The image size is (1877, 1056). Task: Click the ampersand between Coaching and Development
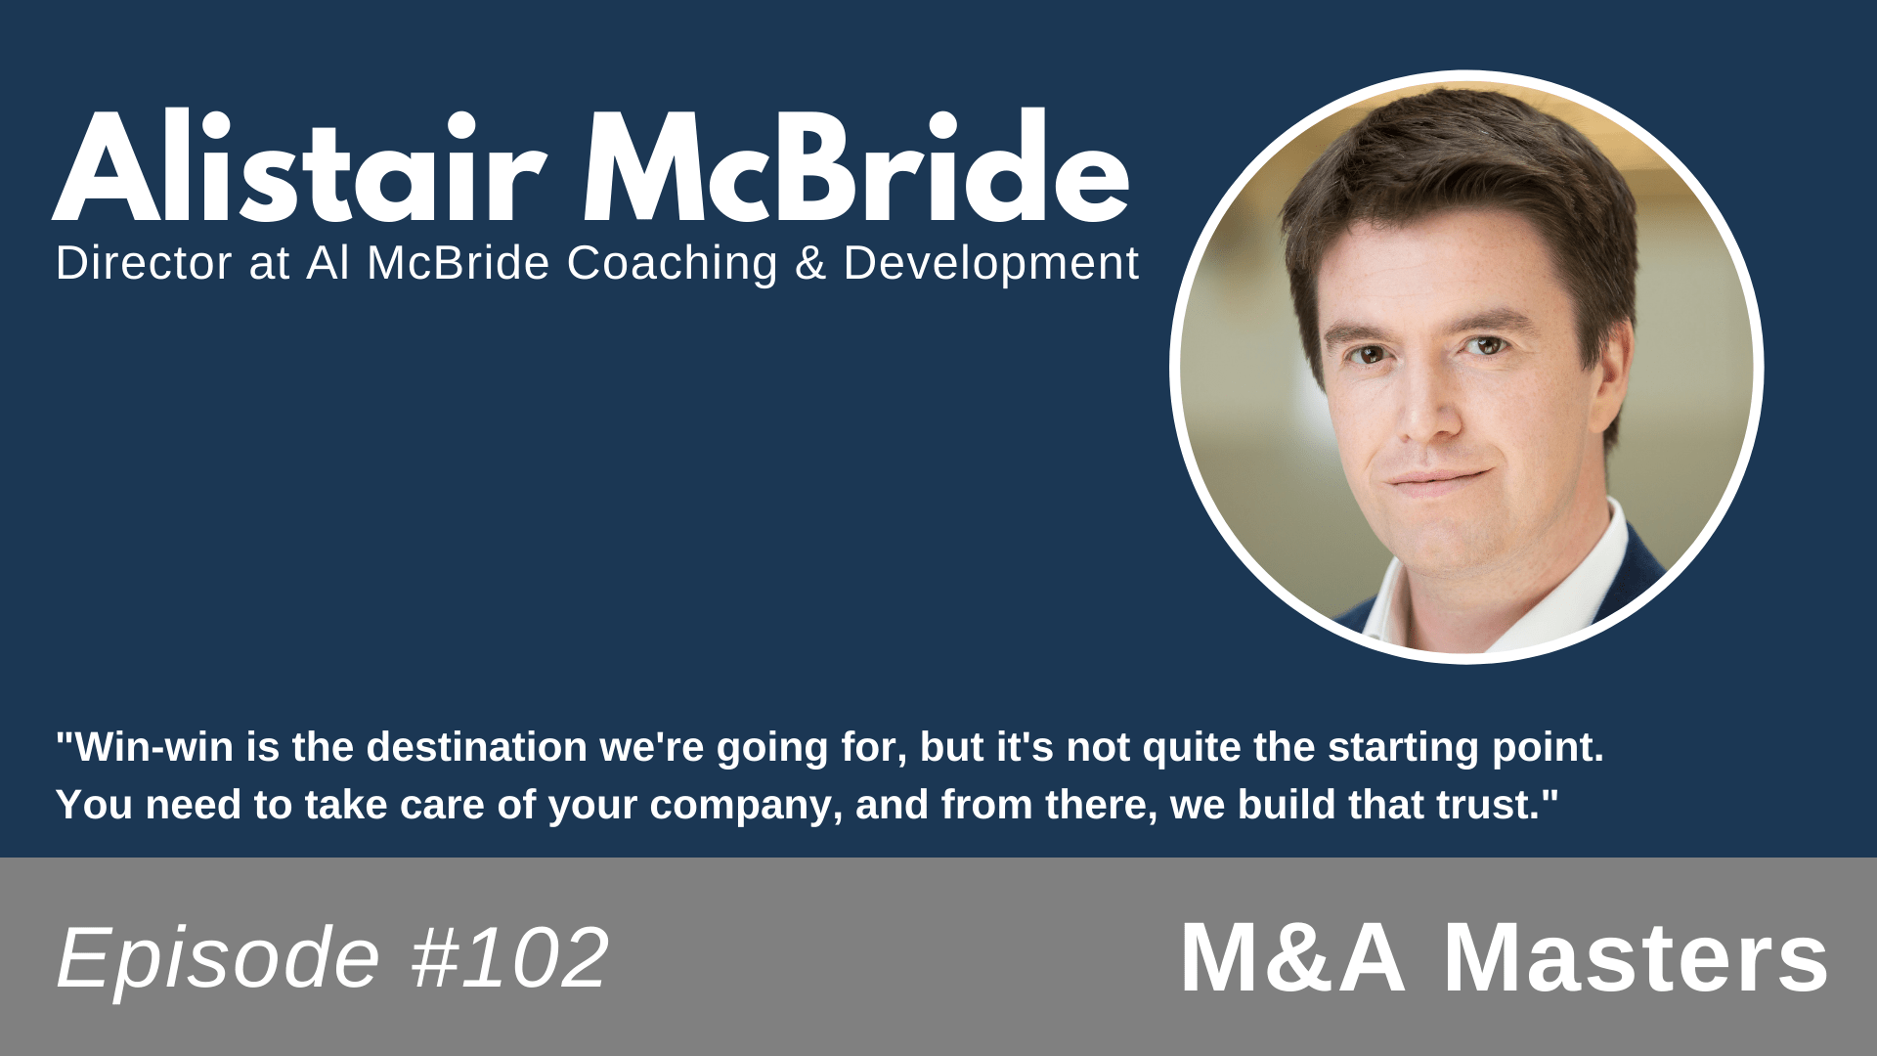click(809, 263)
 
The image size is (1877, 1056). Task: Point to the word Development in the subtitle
click(990, 263)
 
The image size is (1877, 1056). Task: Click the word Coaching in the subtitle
click(672, 263)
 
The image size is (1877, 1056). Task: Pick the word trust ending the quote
click(1493, 805)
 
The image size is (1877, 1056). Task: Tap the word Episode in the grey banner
click(217, 958)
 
